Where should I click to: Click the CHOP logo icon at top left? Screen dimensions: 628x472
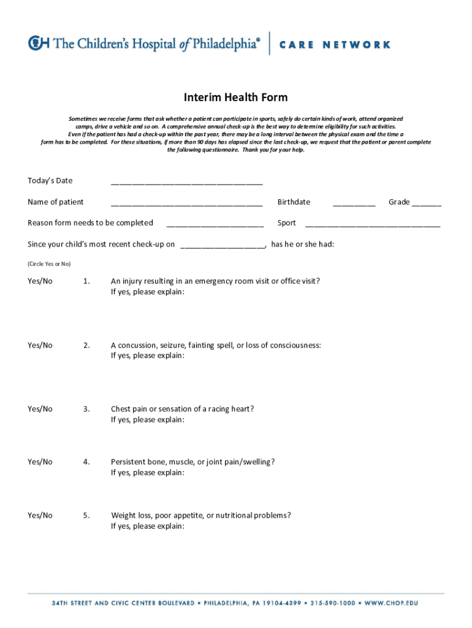click(39, 44)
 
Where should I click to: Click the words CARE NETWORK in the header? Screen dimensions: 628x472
click(335, 44)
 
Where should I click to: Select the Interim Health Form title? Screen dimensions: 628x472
click(236, 98)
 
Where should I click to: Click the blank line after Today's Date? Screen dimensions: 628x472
click(186, 182)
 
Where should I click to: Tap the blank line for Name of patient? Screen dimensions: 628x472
click(186, 204)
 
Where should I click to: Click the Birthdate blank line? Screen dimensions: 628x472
click(354, 204)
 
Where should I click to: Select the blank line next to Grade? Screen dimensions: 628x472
click(427, 204)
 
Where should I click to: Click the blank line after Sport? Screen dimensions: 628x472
click(372, 224)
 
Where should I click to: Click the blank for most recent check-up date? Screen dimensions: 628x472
click(223, 246)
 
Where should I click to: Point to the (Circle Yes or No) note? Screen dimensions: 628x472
click(49, 264)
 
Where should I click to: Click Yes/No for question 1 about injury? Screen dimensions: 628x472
click(40, 281)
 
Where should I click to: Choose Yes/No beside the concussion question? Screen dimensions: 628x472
click(40, 345)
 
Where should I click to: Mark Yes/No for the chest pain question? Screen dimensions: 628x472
click(40, 409)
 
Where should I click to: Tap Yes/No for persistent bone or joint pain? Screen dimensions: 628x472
click(40, 462)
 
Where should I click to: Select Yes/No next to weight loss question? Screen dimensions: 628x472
click(40, 516)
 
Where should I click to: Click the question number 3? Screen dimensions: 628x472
click(86, 409)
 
